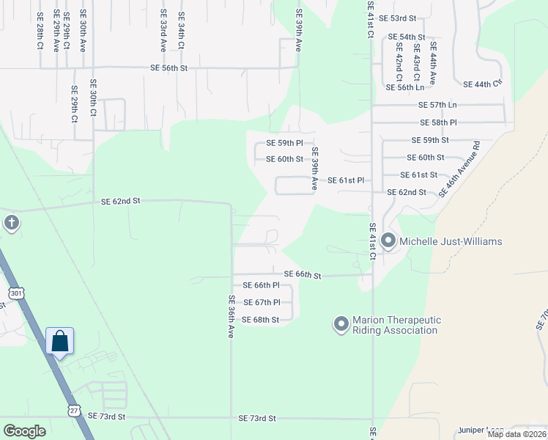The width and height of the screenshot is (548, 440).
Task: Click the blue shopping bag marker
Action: [x=59, y=341]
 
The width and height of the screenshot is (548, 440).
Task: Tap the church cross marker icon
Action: [x=11, y=222]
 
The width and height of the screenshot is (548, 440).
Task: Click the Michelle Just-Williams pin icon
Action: [x=388, y=241]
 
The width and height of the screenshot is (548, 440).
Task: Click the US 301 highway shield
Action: [x=16, y=293]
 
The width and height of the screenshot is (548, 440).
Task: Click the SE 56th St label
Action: [x=169, y=67]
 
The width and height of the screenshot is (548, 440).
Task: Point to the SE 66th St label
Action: [x=303, y=275]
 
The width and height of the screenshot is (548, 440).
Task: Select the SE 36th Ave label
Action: [x=230, y=316]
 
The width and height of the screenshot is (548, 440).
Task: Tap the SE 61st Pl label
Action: [x=345, y=180]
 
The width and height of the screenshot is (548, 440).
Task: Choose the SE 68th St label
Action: [x=260, y=320]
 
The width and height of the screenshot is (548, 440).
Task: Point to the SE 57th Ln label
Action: [x=437, y=105]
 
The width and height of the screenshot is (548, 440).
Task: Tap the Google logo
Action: [x=24, y=431]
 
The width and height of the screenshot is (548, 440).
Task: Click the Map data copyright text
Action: [x=516, y=434]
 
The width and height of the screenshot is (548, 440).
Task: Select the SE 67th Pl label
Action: [x=261, y=302]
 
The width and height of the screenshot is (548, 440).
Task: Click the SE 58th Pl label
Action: [x=438, y=122]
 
